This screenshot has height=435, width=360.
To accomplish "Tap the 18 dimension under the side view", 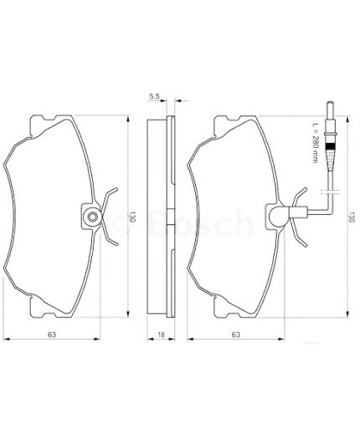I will tap(161, 335).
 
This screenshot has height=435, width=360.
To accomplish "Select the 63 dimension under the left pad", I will tap(52, 335).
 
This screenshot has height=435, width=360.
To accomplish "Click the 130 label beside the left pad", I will tap(132, 219).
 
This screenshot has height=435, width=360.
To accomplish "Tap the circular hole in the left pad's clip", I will tap(90, 219).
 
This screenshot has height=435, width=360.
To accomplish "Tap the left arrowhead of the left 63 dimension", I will tap(7, 340).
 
